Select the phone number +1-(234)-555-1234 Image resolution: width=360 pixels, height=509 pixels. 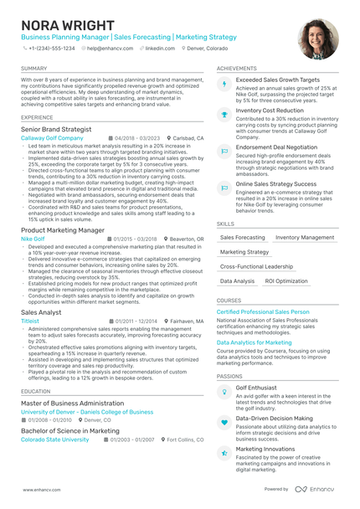(x=51, y=49)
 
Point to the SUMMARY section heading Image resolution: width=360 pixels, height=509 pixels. (x=34, y=68)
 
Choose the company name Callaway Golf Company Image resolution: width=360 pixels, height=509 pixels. (x=52, y=137)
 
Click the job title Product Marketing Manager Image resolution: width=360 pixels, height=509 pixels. (x=63, y=229)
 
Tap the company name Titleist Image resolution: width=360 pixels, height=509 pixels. (x=30, y=321)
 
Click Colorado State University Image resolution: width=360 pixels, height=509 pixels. (x=54, y=440)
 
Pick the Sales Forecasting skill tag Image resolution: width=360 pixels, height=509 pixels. (x=242, y=237)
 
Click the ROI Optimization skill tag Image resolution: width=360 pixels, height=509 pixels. (x=286, y=281)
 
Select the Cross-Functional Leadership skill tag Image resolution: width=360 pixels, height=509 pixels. (x=256, y=266)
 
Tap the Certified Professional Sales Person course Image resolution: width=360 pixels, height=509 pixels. (x=263, y=311)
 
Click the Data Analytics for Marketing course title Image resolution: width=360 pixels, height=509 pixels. (x=255, y=342)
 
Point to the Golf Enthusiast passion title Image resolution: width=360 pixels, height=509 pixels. (x=258, y=388)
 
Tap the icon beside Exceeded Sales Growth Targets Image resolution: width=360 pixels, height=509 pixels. (x=224, y=83)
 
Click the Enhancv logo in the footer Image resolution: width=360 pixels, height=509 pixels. (x=318, y=489)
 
